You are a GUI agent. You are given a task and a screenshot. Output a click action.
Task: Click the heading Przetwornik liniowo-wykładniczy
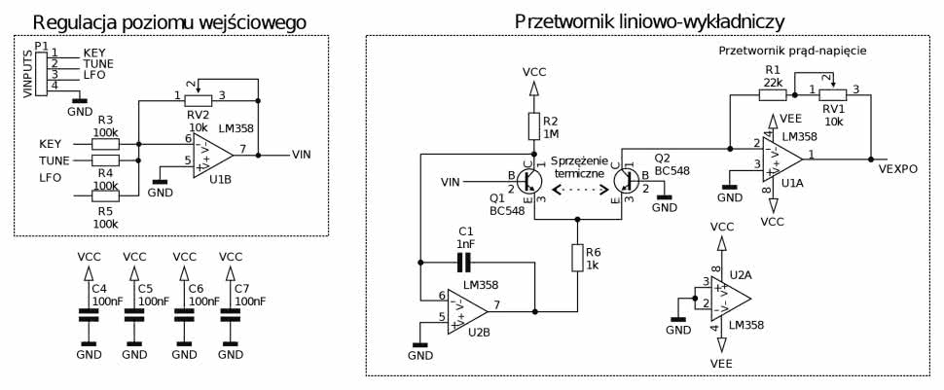pos(649,20)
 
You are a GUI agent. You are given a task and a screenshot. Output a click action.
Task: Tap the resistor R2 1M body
pos(533,125)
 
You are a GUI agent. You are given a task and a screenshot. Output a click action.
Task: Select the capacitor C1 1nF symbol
pos(464,262)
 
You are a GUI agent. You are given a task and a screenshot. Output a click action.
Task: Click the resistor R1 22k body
pos(773,95)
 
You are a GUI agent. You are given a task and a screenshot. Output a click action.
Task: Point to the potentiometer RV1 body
pos(832,95)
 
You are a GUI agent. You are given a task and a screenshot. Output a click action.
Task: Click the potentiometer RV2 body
pos(199,100)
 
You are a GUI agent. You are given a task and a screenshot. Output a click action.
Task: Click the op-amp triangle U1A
pos(781,157)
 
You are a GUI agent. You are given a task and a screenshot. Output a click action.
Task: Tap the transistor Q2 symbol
pos(625,181)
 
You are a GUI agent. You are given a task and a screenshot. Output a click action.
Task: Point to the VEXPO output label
pos(896,169)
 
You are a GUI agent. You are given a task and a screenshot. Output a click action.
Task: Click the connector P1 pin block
pos(42,69)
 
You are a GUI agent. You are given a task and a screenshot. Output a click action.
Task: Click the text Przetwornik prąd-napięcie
pos(791,50)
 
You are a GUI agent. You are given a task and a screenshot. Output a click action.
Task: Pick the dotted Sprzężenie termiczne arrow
pos(580,190)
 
